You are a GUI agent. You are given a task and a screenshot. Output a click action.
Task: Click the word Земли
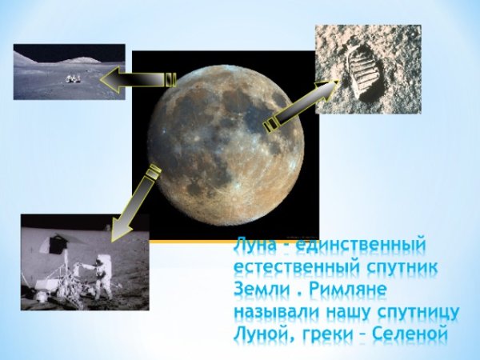[256, 287]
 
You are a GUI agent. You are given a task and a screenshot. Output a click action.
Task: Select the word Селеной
[417, 330]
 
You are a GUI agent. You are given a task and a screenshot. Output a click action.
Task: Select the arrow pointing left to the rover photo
[139, 79]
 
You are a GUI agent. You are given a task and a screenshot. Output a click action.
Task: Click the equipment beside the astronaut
[64, 272]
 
